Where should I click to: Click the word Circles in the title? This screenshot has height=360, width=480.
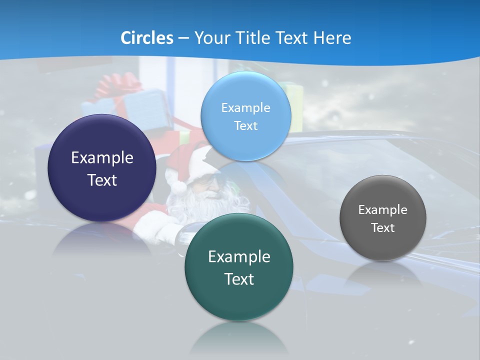[146, 38]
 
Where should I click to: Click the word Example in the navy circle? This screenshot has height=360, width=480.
[102, 158]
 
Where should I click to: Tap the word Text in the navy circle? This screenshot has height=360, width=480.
[102, 180]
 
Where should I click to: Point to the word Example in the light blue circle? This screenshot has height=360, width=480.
[245, 107]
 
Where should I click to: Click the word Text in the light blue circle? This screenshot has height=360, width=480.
[245, 125]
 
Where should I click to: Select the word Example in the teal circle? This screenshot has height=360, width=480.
[239, 256]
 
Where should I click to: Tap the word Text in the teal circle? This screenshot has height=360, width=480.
[239, 279]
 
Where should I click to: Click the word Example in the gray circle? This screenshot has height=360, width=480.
[383, 209]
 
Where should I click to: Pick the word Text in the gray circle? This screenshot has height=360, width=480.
[383, 227]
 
